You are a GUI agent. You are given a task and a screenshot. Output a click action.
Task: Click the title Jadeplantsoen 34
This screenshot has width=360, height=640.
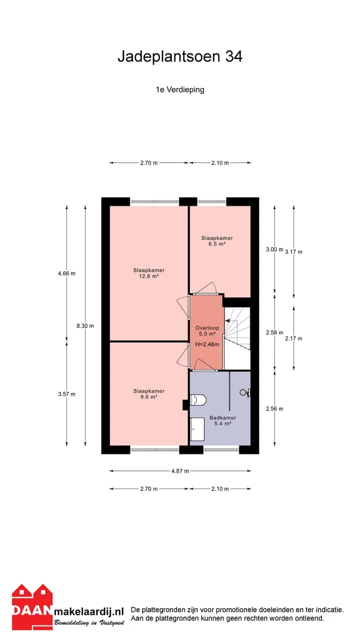click(x=180, y=56)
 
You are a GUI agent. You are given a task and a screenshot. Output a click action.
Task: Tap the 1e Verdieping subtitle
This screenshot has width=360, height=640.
click(x=180, y=89)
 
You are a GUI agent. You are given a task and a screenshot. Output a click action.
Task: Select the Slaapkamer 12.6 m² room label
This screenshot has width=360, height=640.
click(x=149, y=273)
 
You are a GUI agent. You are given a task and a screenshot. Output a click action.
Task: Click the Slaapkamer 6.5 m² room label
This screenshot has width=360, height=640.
click(x=217, y=241)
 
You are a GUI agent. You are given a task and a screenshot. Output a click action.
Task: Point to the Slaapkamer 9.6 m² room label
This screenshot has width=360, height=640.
click(x=149, y=393)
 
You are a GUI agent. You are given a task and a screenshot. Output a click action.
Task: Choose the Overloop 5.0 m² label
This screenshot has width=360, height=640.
click(x=207, y=331)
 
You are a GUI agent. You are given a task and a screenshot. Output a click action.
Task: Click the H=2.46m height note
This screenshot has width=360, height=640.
click(x=207, y=344)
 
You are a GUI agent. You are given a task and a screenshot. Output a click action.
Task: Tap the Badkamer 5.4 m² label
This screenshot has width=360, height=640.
click(x=223, y=420)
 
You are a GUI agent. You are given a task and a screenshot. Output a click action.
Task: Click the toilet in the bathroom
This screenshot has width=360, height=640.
click(x=197, y=399)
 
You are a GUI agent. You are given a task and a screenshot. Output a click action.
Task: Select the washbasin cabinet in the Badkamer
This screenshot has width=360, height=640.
click(x=197, y=429)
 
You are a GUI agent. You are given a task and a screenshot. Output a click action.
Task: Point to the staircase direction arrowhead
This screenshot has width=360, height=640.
click(x=227, y=321)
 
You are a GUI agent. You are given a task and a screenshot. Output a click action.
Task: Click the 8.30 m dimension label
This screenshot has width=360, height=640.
click(x=85, y=325)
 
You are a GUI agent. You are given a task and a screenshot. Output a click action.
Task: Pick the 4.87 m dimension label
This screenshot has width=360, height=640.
click(x=180, y=471)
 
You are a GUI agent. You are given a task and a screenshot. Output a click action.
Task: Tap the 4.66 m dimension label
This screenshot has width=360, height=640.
click(x=67, y=273)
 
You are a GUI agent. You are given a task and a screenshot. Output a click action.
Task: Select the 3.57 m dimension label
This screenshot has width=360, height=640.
click(x=67, y=394)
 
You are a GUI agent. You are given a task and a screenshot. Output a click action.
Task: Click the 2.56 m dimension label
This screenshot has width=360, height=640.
click(x=274, y=408)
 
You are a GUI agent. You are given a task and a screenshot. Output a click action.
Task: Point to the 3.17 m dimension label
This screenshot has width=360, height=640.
click(x=293, y=251)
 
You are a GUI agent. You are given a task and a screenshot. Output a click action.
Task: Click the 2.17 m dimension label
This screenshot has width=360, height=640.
click(x=293, y=338)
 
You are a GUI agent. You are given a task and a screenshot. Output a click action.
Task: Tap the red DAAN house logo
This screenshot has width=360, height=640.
click(x=32, y=606)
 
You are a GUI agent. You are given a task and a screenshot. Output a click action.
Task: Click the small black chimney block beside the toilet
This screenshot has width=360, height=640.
click(x=185, y=404)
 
